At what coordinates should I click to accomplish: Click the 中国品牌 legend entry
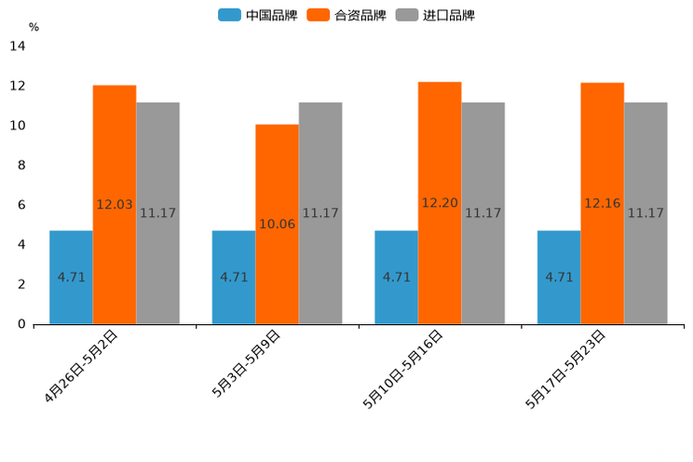[x=258, y=15]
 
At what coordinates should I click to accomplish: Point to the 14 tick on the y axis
[x=18, y=47]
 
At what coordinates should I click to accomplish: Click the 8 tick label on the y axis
[x=20, y=166]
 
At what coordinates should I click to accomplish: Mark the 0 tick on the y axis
[x=20, y=324]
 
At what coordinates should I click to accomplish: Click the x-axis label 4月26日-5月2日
[x=82, y=365]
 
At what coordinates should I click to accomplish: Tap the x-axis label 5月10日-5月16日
[x=403, y=369]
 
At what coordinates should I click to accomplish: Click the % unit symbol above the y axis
[x=34, y=27]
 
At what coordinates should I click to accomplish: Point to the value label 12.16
[x=603, y=203]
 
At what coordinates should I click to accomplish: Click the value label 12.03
[x=115, y=204]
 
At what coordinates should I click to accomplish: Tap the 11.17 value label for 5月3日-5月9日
[x=320, y=213]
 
